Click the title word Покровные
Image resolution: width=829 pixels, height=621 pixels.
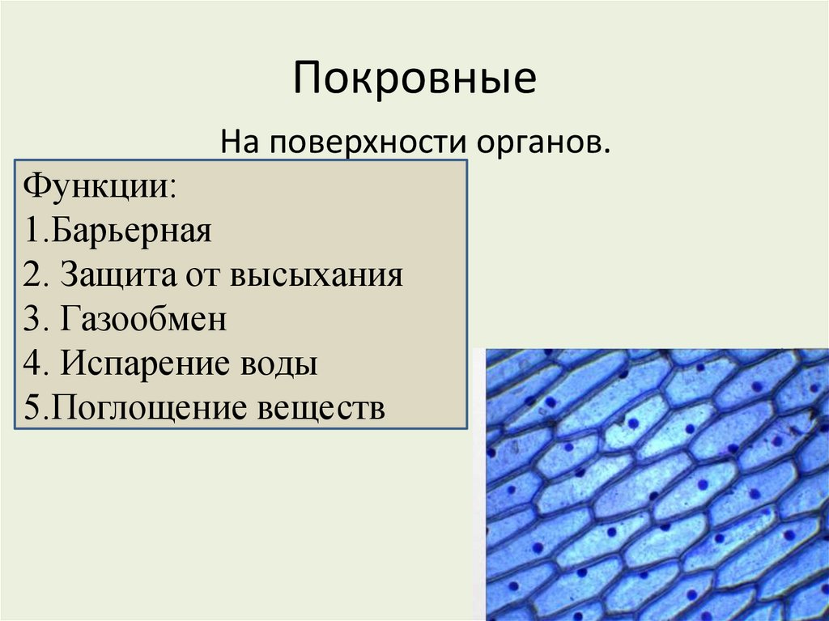coord(414,79)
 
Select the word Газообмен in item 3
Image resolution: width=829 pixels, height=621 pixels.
coord(142,320)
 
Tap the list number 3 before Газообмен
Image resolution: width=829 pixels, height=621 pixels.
coord(32,320)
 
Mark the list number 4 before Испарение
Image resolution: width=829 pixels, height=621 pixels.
coord(32,364)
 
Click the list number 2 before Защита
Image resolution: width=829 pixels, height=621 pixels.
coord(32,275)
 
